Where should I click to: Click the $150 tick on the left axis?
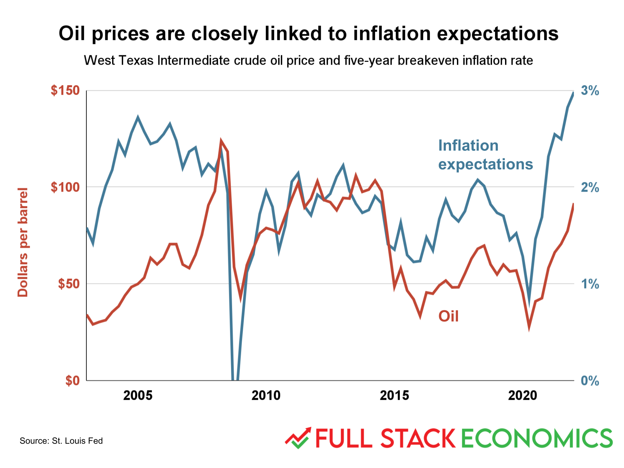(65, 90)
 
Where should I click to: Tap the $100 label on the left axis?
(65, 187)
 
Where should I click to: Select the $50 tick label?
(69, 284)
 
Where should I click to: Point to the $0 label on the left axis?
(72, 381)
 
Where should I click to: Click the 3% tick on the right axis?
(590, 91)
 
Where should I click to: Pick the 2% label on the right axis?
(590, 188)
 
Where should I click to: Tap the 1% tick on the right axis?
(590, 284)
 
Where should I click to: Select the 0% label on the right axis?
(590, 381)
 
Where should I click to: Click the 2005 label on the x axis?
(138, 396)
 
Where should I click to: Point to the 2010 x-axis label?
(266, 396)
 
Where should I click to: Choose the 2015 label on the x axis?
(394, 396)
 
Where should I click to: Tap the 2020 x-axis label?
(523, 396)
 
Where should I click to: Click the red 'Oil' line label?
(448, 316)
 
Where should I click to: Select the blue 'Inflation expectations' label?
(485, 155)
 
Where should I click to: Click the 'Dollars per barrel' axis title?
(23, 242)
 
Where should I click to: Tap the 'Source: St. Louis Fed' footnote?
(61, 441)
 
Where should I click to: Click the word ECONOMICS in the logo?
(537, 438)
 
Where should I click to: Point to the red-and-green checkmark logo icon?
(298, 438)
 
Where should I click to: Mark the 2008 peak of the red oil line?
(221, 140)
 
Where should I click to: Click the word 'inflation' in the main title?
(392, 33)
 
